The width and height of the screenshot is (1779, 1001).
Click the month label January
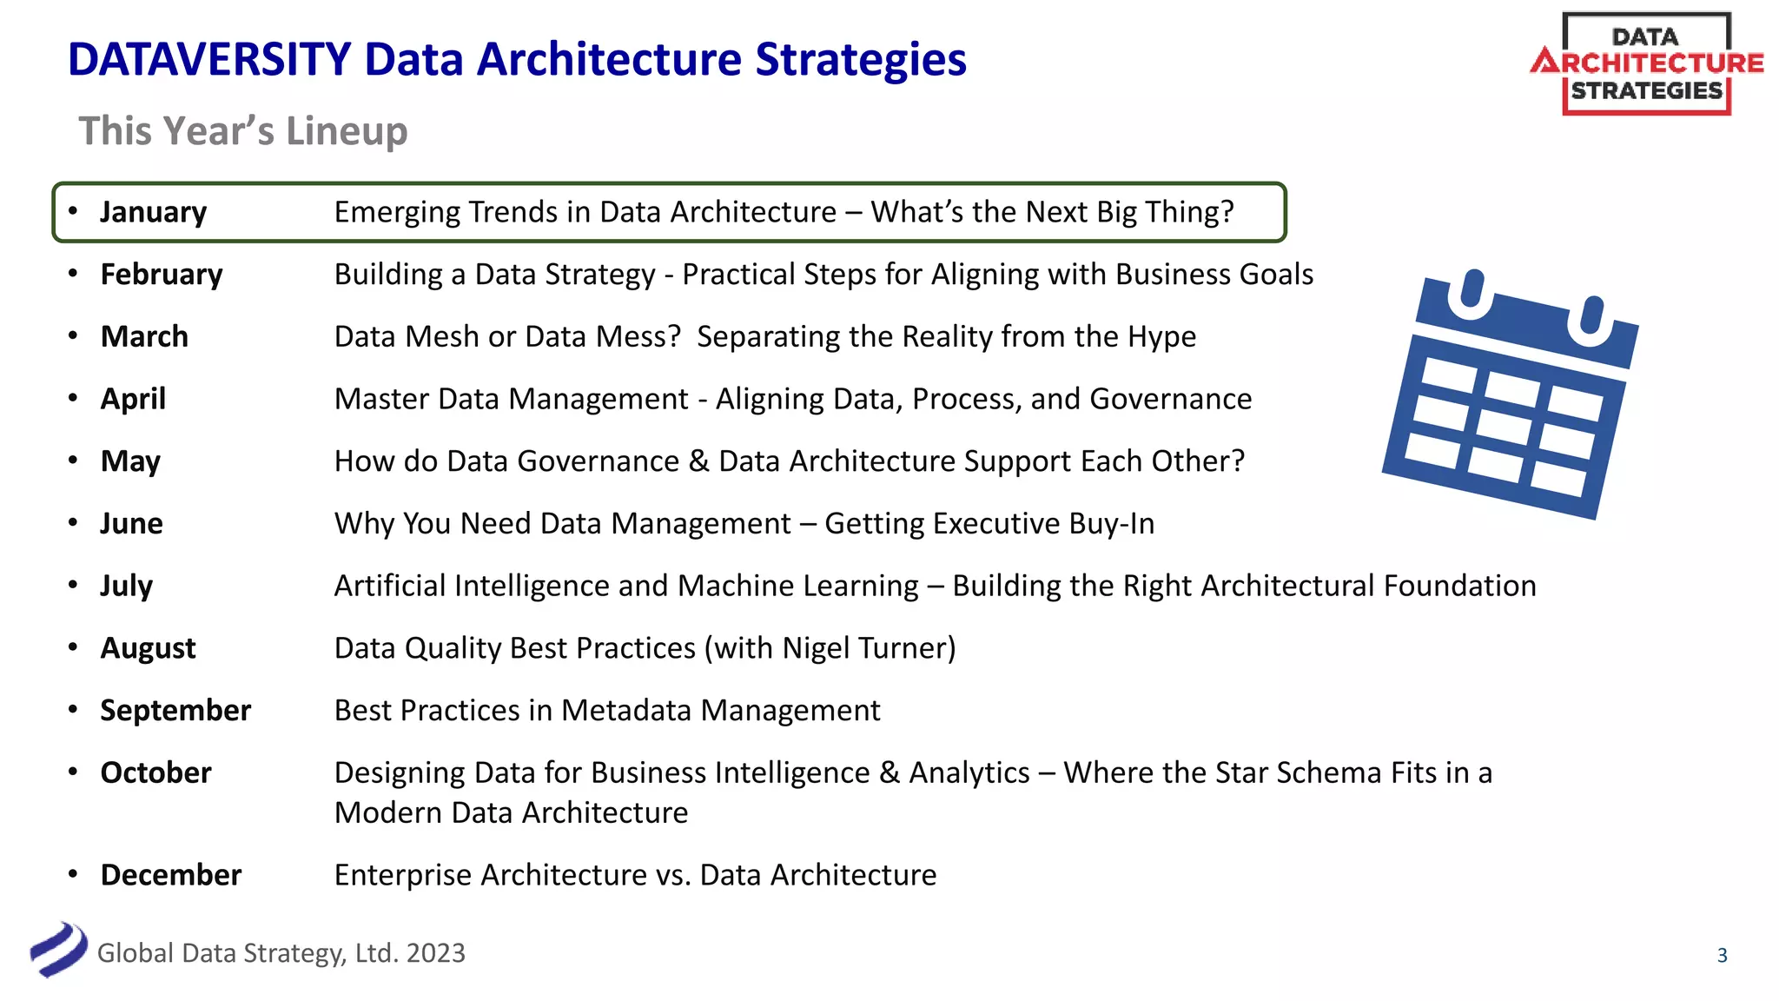click(x=153, y=212)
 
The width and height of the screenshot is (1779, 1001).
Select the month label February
click(x=162, y=275)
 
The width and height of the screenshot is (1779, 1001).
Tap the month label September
click(x=175, y=711)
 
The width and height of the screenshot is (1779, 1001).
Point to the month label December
click(x=171, y=875)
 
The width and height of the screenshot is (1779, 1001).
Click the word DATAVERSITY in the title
click(x=209, y=60)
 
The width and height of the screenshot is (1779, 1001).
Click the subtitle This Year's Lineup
click(x=243, y=131)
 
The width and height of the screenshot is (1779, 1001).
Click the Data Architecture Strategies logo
click(x=1646, y=64)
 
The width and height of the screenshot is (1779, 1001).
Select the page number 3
click(x=1722, y=956)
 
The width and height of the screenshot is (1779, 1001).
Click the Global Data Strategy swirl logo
click(x=58, y=950)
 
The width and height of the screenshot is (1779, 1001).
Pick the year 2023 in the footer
click(x=435, y=953)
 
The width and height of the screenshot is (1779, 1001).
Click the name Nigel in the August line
click(x=816, y=649)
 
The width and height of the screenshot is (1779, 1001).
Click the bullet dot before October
click(x=74, y=772)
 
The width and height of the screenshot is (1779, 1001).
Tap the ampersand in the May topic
click(x=698, y=461)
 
